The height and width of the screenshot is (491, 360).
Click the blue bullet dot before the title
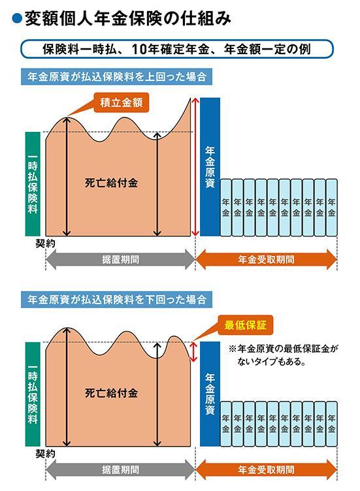tap(16, 20)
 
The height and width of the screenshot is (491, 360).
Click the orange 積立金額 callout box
tap(122, 103)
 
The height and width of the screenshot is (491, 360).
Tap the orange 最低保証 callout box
tap(245, 325)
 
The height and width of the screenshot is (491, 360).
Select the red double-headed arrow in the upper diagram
tap(195, 167)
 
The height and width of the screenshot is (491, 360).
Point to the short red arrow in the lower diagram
tap(193, 352)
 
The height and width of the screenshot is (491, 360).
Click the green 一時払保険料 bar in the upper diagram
tap(33, 184)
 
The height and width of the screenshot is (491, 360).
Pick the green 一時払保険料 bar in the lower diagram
tap(33, 394)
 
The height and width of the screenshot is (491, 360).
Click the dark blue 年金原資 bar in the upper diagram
tap(210, 167)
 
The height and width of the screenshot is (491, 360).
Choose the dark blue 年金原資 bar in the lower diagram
tap(210, 394)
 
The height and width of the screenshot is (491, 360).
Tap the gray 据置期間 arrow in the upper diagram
tap(121, 260)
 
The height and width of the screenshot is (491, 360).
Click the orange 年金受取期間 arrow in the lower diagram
tap(266, 469)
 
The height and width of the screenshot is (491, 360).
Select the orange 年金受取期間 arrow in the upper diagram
tap(266, 260)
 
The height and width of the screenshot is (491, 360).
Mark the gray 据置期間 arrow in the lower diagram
tap(121, 469)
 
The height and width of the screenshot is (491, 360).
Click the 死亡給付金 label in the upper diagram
tap(111, 183)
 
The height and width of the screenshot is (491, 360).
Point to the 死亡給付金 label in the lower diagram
tap(111, 393)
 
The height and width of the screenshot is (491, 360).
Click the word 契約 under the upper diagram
tap(45, 244)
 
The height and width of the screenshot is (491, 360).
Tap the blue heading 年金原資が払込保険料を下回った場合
tap(116, 300)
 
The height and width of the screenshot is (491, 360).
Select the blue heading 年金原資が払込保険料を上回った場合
tap(116, 77)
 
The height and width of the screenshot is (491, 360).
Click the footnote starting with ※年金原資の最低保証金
tap(284, 355)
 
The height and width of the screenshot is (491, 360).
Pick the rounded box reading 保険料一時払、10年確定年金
tap(177, 49)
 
